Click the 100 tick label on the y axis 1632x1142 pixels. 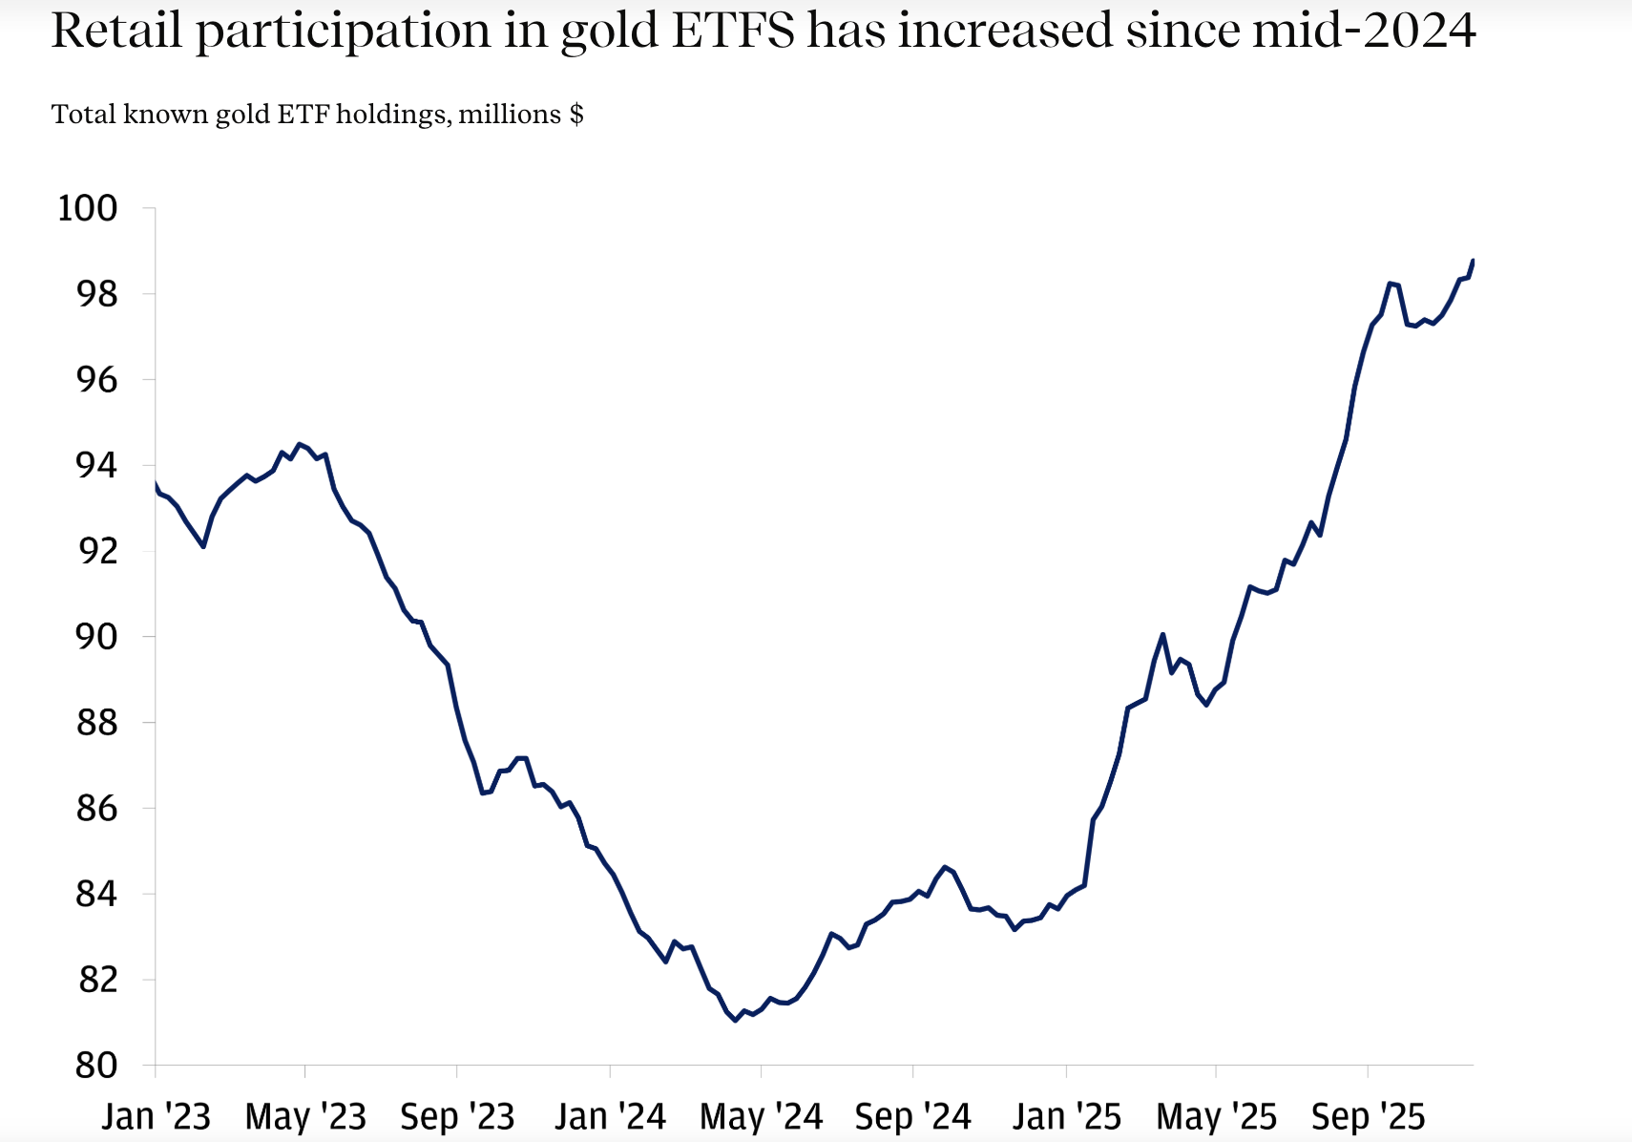coord(88,208)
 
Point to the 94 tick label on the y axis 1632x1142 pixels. coord(96,466)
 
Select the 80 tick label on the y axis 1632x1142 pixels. coord(96,1066)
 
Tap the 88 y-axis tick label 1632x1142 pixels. coord(96,723)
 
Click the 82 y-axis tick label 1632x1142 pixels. coord(96,980)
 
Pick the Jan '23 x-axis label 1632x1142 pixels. coord(156,1116)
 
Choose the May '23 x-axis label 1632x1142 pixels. coord(305,1116)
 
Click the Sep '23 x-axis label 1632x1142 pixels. coord(457,1116)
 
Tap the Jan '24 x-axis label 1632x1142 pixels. coord(610,1116)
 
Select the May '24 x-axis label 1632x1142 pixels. coord(761,1116)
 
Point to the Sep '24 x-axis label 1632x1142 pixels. coord(912,1116)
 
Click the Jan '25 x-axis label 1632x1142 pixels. coord(1066,1116)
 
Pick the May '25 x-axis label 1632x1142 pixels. coord(1216,1116)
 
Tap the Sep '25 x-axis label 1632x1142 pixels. coord(1368,1116)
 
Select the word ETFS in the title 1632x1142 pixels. coord(732,31)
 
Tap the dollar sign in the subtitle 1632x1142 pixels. coord(576,115)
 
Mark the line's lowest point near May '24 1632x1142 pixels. coord(735,1021)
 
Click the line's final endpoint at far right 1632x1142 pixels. coord(1474,260)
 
